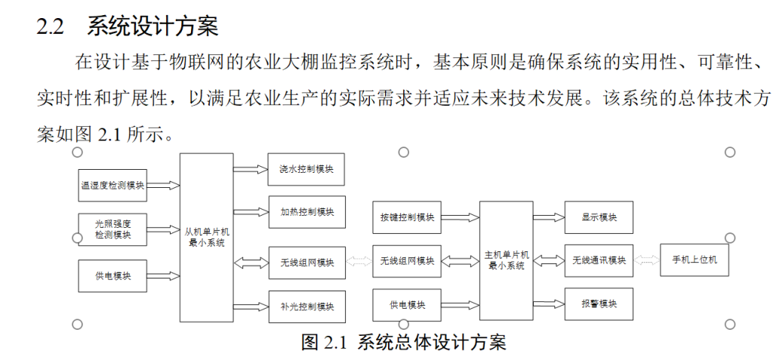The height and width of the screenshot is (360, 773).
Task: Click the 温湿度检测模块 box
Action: (112, 185)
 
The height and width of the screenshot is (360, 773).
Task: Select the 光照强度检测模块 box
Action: (112, 230)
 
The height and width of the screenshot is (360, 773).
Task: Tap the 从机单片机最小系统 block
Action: (206, 237)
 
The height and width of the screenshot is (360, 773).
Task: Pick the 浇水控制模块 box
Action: (306, 169)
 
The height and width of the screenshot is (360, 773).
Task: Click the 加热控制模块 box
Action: (306, 211)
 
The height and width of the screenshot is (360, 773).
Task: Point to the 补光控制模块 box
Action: (306, 306)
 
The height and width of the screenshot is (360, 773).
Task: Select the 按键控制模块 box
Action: (407, 217)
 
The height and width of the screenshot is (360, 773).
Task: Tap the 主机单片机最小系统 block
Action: (506, 260)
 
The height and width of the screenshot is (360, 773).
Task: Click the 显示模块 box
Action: (599, 217)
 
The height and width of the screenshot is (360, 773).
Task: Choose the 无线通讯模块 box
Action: (599, 260)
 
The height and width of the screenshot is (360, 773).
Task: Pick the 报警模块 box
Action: (599, 304)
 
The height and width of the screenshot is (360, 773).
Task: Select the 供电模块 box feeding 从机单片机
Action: (112, 275)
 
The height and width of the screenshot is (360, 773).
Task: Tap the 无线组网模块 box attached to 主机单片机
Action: (407, 261)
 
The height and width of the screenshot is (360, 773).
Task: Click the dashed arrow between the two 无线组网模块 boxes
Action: (359, 262)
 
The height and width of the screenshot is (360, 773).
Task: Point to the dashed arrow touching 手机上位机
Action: (646, 260)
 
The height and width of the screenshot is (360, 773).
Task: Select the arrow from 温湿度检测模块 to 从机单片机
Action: (163, 185)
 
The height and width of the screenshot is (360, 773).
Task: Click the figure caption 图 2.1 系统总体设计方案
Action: (403, 342)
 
